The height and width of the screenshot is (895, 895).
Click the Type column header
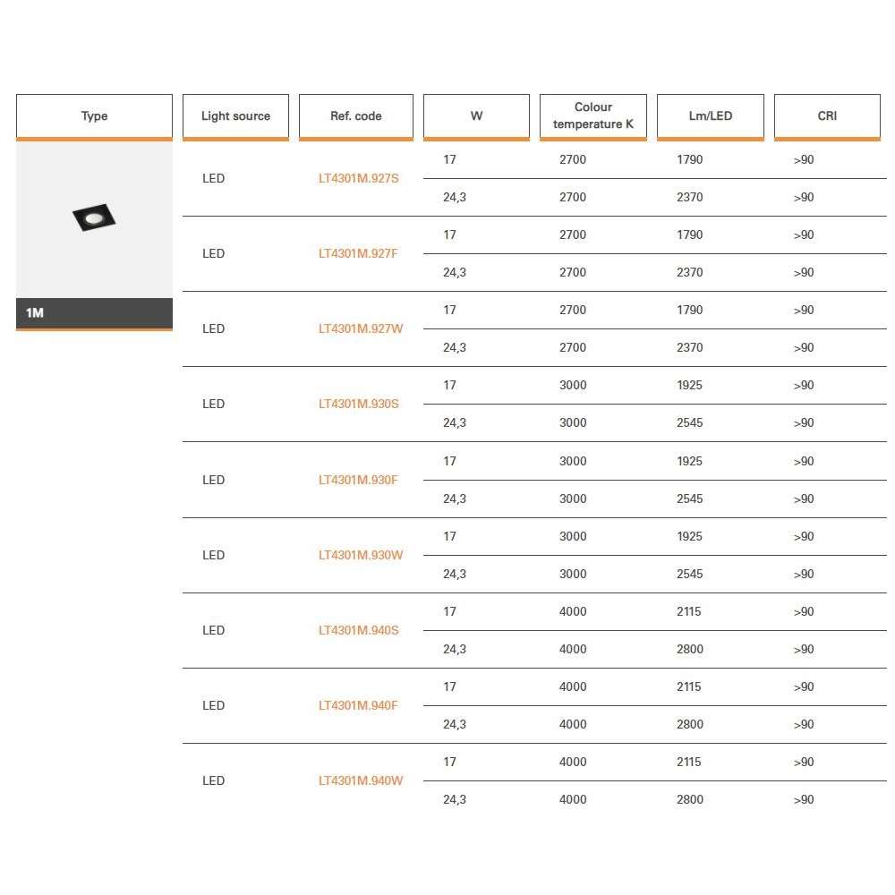pyautogui.click(x=94, y=116)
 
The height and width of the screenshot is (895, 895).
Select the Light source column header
pyautogui.click(x=235, y=116)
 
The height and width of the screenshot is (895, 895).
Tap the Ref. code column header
pyautogui.click(x=355, y=116)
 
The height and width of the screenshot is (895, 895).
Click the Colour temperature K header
pyautogui.click(x=592, y=115)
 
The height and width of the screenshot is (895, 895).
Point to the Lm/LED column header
pyautogui.click(x=710, y=116)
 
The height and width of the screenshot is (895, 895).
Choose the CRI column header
pyautogui.click(x=827, y=116)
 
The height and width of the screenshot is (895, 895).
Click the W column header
pyautogui.click(x=476, y=116)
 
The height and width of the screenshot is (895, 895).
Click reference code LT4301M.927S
pyautogui.click(x=359, y=178)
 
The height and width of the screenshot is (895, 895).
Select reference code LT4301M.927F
pyautogui.click(x=358, y=253)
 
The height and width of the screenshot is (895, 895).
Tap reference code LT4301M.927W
pyautogui.click(x=361, y=328)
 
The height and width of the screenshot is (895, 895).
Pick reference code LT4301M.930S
pyautogui.click(x=359, y=404)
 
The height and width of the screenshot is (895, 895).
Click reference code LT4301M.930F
pyautogui.click(x=358, y=480)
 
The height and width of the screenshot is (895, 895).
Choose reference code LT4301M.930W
pyautogui.click(x=361, y=555)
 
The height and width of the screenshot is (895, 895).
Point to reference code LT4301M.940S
pyautogui.click(x=359, y=630)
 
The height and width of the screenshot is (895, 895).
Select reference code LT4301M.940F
pyautogui.click(x=358, y=705)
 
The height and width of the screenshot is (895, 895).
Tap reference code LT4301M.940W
pyautogui.click(x=361, y=780)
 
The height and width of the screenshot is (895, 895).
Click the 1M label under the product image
pyautogui.click(x=35, y=313)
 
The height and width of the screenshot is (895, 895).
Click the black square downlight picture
pyautogui.click(x=94, y=217)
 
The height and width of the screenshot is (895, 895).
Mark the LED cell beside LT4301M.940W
pyautogui.click(x=213, y=780)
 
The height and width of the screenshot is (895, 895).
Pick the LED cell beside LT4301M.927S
pyautogui.click(x=213, y=178)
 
